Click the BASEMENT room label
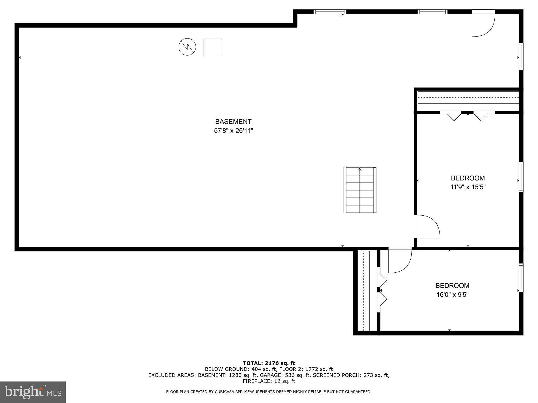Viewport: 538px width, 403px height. coord(233,122)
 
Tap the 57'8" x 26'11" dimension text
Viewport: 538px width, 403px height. coord(233,131)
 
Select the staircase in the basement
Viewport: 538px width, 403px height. coord(360,190)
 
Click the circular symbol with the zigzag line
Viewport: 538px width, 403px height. coord(187,47)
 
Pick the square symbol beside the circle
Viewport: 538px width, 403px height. coord(212,47)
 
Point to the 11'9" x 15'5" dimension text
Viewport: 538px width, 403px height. coord(468,187)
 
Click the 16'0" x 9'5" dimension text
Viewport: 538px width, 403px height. coord(452,295)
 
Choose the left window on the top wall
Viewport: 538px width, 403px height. coord(330,12)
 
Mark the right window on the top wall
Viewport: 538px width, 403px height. coord(432,12)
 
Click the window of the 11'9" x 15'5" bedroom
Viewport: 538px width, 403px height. coord(521,177)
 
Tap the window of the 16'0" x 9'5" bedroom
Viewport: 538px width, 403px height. coord(521,278)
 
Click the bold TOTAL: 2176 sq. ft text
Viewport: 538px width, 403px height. coord(269,363)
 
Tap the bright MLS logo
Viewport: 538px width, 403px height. coord(33,392)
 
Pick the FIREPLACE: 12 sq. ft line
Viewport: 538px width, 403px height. coord(269,381)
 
